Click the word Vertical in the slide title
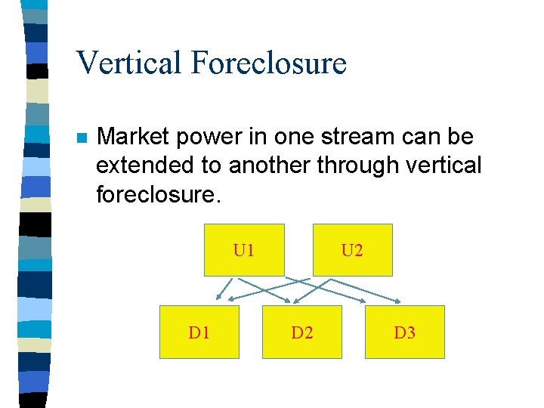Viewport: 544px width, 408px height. [129, 62]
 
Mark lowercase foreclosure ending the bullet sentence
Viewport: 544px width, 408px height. [156, 195]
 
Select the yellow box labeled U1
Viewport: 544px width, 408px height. [244, 250]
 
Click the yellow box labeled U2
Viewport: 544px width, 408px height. [353, 250]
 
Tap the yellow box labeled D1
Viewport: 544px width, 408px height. [199, 332]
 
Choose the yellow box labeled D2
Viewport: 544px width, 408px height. [301, 332]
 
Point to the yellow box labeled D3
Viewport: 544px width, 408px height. [404, 332]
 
